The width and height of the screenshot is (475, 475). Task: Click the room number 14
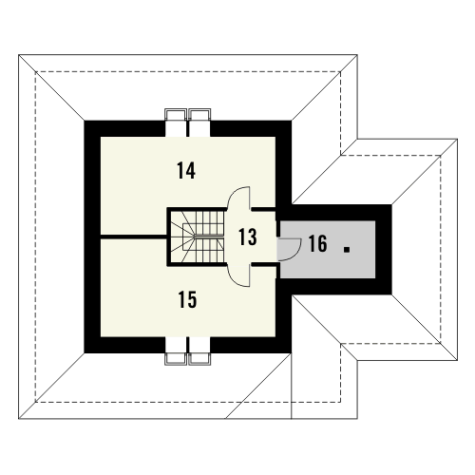tap(186, 171)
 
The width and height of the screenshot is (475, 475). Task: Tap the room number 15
tap(187, 299)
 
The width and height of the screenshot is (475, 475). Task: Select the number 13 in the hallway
tap(248, 237)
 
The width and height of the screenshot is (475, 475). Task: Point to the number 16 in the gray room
tap(317, 243)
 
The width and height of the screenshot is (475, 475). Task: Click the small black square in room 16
tap(347, 250)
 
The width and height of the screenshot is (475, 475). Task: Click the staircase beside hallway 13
tap(198, 237)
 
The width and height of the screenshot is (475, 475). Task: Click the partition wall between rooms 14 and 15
tap(134, 237)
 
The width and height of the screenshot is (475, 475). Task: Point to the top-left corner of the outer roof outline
tap(19, 55)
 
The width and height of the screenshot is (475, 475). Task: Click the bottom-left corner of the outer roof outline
tap(19, 419)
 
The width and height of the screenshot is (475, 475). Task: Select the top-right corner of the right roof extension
tap(457, 139)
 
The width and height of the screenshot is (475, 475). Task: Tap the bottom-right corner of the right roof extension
tap(457, 360)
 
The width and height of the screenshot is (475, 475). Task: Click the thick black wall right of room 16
tap(384, 250)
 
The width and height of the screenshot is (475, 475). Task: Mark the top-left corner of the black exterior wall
tap(85, 121)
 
